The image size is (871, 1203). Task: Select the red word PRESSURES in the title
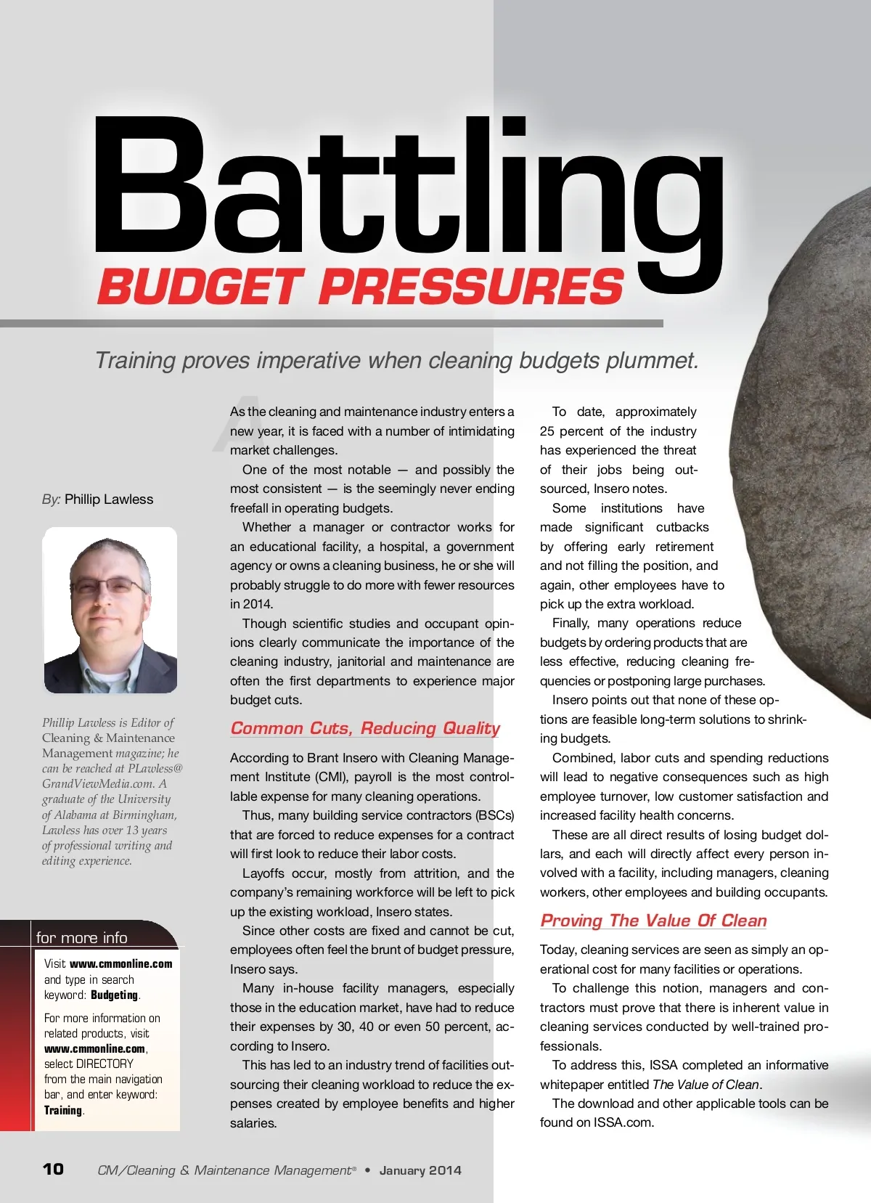pos(471,286)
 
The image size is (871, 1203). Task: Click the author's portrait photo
pos(110,610)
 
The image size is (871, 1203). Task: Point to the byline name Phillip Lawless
pos(109,499)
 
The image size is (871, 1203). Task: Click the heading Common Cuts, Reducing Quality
pos(365,728)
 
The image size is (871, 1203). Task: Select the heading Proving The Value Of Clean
pos(653,921)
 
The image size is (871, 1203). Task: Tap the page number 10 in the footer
pos(53,1169)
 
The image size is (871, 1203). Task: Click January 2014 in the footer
pos(420,1170)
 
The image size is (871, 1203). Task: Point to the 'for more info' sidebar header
pos(82,937)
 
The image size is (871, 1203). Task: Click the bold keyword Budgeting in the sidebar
pos(115,995)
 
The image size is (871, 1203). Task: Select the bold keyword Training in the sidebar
pos(63,1110)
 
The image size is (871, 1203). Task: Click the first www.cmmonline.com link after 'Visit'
pos(121,964)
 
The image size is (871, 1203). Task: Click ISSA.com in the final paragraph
pos(623,1122)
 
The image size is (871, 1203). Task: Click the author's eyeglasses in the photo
pos(109,585)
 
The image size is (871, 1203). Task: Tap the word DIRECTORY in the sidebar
pos(105,1064)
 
